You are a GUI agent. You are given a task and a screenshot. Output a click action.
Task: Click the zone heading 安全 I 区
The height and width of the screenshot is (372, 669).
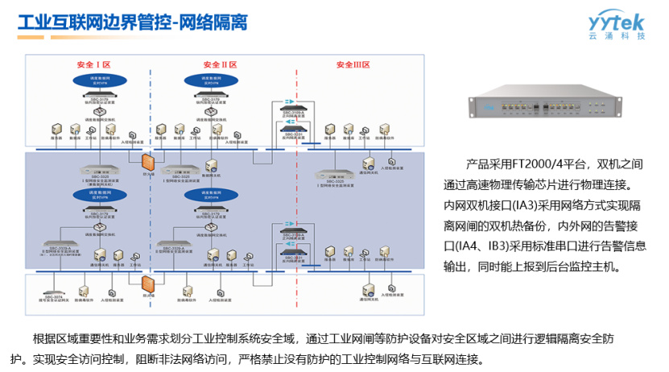coord(93,64)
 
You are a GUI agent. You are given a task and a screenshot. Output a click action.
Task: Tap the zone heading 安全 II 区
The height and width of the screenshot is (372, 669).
coord(220,64)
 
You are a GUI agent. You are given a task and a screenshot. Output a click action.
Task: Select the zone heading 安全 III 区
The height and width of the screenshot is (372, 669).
coord(352,64)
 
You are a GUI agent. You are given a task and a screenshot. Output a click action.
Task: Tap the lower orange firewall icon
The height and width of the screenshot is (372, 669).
coord(148,285)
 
